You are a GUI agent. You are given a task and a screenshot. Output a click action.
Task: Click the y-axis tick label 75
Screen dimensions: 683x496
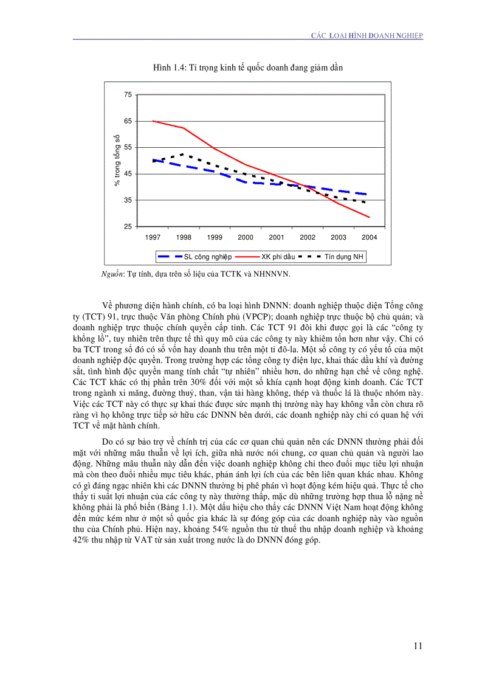(127, 95)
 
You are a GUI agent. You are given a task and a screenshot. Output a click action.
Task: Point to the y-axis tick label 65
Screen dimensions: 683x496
(127, 121)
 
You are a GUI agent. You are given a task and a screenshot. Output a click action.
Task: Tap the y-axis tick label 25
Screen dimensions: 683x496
(127, 227)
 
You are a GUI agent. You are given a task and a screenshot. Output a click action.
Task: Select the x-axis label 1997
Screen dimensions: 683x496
(153, 237)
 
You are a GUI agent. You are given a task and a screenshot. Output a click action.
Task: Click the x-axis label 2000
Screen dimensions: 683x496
(246, 237)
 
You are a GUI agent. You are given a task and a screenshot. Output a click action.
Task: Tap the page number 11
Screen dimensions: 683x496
(418, 646)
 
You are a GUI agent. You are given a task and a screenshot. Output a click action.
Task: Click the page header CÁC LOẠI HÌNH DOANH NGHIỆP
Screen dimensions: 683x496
(367, 36)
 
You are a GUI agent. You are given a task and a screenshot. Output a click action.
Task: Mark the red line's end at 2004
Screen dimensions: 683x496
(369, 217)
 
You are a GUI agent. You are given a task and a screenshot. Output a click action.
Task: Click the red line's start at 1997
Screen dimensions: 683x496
(153, 121)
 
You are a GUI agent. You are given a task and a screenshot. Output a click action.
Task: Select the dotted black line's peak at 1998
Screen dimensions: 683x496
(184, 154)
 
